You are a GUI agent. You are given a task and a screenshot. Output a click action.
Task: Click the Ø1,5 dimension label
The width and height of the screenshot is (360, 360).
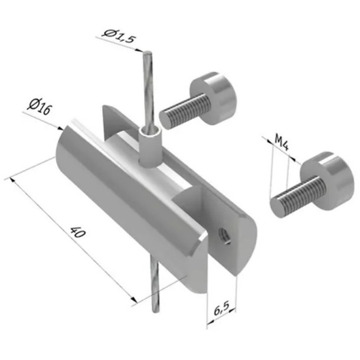pyautogui.click(x=119, y=34)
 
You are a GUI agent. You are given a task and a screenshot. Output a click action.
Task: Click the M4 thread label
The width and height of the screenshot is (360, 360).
pyautogui.click(x=281, y=144)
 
